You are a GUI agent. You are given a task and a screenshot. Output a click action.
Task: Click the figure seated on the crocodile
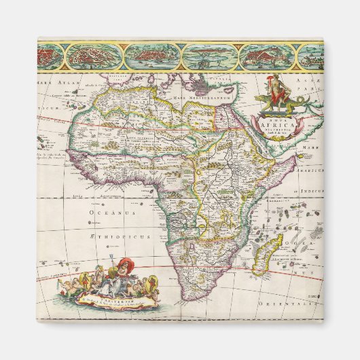click(x=276, y=92)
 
